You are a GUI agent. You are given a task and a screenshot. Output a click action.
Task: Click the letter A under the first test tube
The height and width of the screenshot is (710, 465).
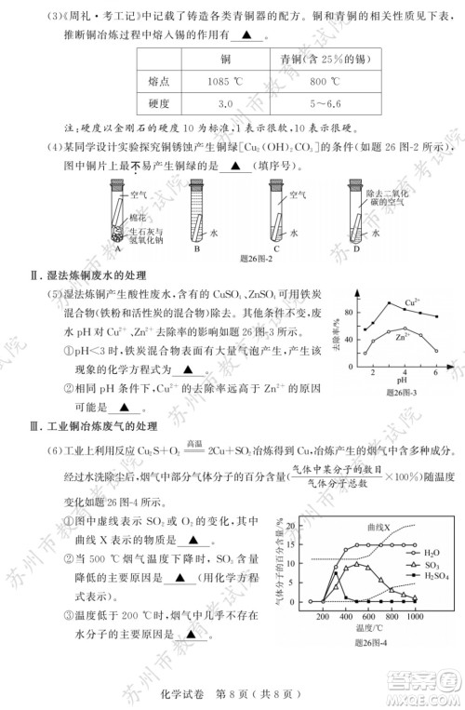pos(118,248)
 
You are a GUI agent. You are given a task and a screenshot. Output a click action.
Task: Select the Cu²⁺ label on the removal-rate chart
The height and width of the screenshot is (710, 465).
pos(412,304)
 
